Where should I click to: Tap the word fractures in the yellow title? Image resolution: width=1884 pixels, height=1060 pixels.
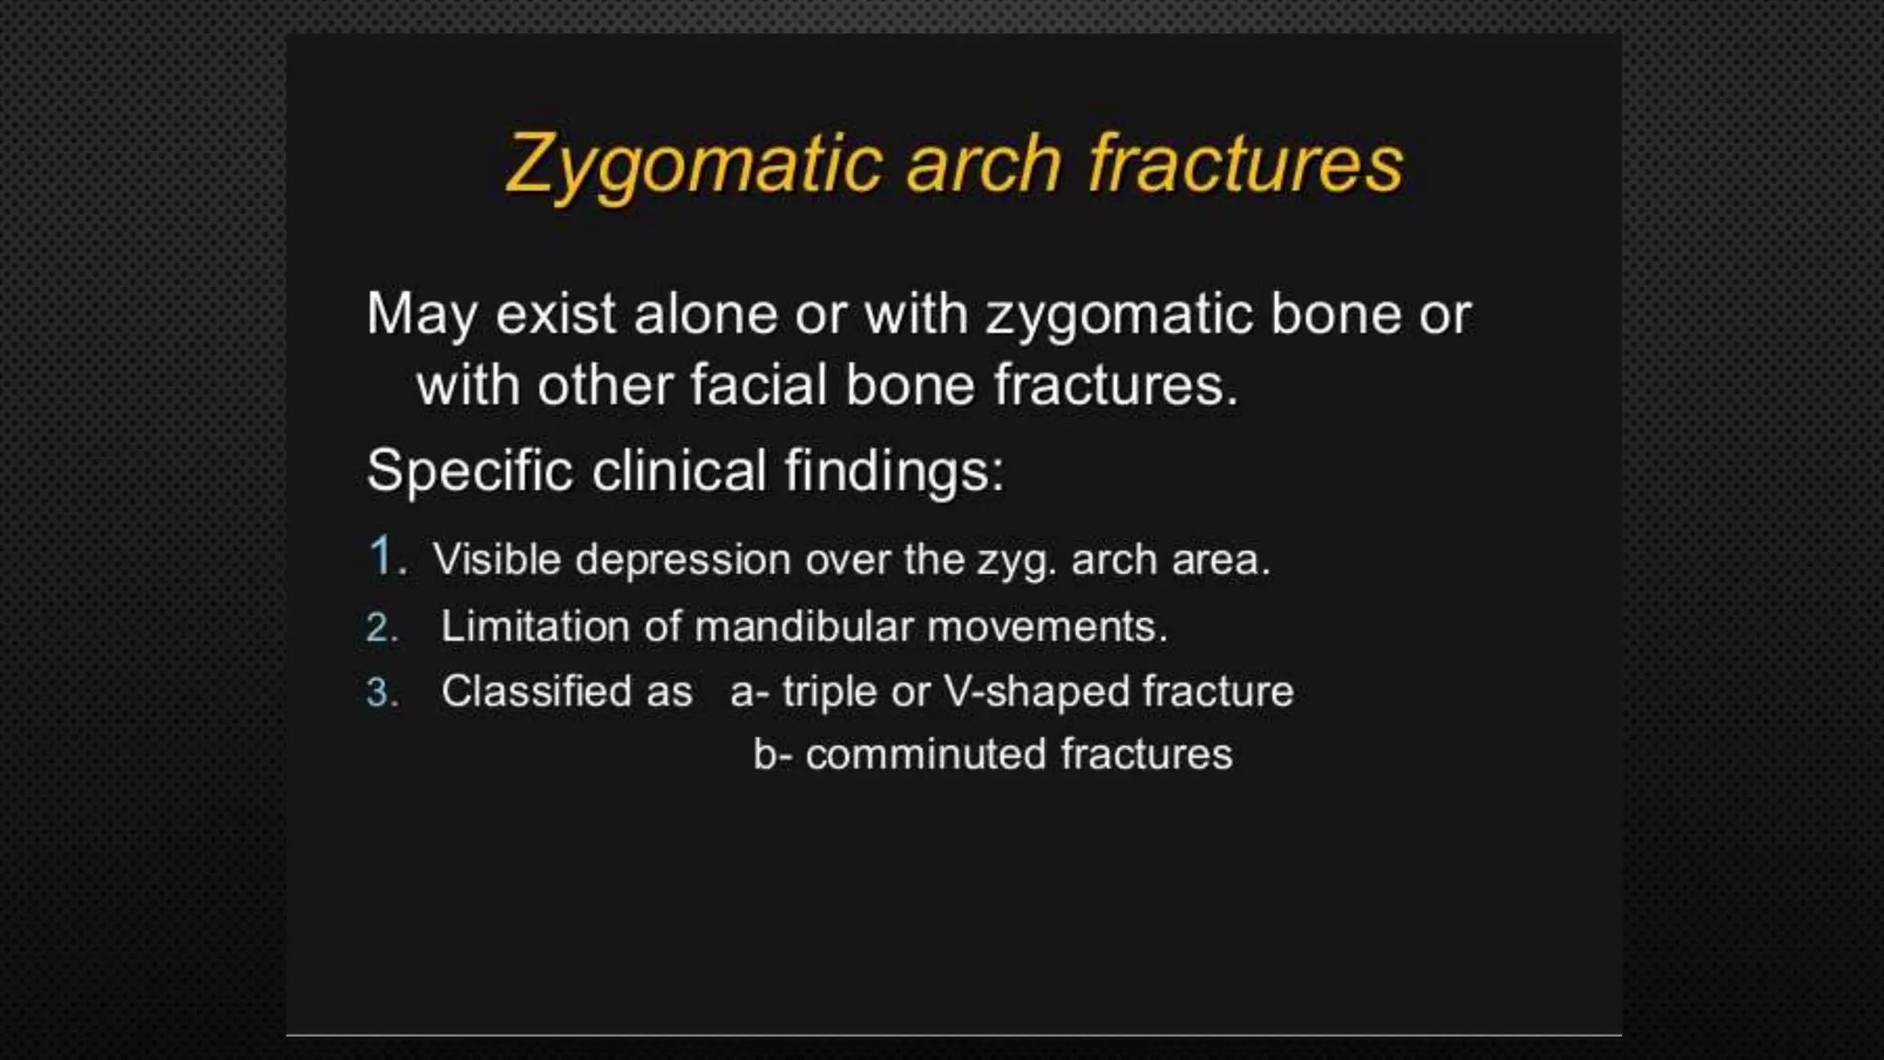(x=1246, y=164)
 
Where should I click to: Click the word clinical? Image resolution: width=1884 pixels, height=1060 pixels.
(x=679, y=470)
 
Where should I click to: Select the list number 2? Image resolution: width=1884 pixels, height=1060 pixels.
(x=380, y=628)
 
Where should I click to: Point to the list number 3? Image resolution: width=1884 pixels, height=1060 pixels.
(x=380, y=693)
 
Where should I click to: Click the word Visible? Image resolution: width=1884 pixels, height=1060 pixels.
(x=497, y=559)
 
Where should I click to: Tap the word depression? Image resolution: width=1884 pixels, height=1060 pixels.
(x=683, y=559)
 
